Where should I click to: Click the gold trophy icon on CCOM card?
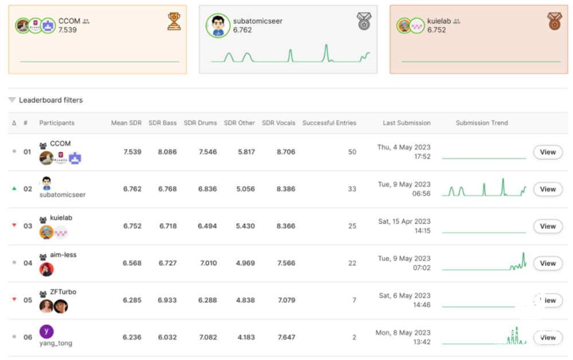point(174,21)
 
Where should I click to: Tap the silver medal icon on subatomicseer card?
point(364,21)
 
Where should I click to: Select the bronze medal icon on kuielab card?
point(554,21)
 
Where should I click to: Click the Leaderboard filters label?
point(50,100)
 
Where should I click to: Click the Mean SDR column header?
point(126,123)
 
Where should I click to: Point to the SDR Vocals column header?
point(278,123)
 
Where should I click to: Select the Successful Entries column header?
point(329,123)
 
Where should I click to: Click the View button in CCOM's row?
point(548,152)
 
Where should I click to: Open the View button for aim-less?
point(548,263)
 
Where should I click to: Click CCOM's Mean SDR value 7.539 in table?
point(132,152)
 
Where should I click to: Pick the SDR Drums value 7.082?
point(207,337)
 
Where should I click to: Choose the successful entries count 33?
point(352,189)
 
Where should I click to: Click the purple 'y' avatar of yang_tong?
point(46,331)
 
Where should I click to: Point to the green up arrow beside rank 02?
point(14,189)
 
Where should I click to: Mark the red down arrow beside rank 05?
point(14,299)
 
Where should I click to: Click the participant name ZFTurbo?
point(63,292)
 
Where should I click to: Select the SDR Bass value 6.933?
point(168,300)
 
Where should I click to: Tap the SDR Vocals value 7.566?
point(286,263)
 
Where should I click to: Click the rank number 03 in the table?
point(28,226)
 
